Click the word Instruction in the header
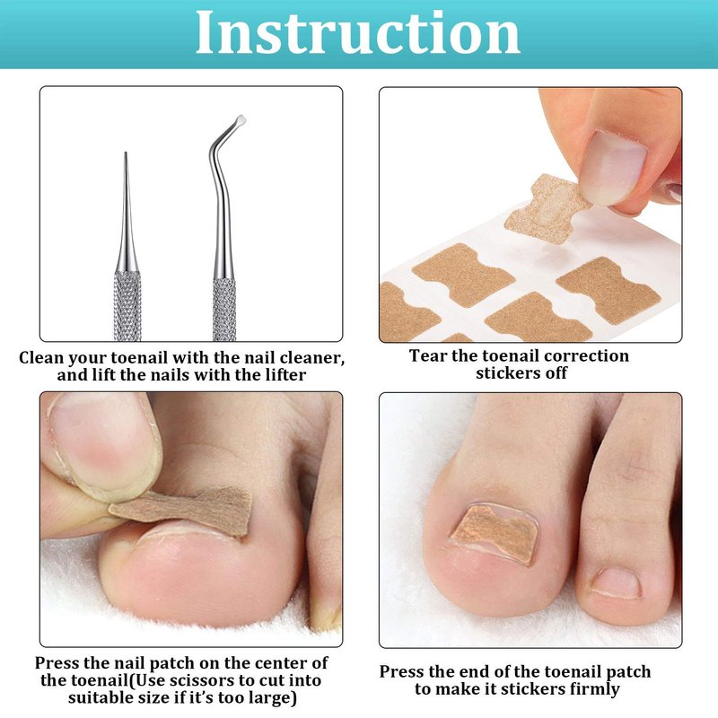tap(357, 33)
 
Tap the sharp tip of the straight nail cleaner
tap(126, 153)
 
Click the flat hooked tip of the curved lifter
tap(240, 121)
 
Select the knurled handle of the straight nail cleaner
tap(127, 306)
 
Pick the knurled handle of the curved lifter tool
tap(224, 309)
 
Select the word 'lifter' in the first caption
tap(285, 375)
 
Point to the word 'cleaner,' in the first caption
tap(311, 358)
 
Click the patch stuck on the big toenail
tap(494, 533)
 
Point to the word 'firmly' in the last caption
tap(594, 689)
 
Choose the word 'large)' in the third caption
tap(273, 698)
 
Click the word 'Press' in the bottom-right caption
tap(401, 671)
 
